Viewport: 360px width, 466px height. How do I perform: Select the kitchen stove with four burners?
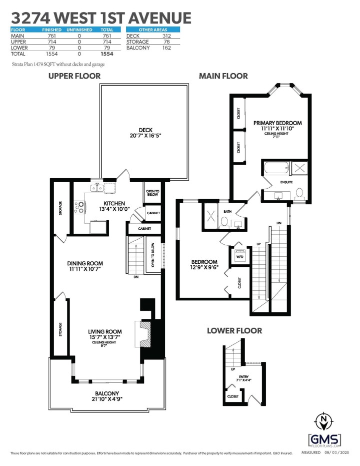(79, 207)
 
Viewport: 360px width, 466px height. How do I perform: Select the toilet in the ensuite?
(300, 194)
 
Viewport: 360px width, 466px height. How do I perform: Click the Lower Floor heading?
(234, 331)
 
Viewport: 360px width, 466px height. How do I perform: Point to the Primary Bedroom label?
(277, 123)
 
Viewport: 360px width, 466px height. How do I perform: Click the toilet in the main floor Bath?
(225, 221)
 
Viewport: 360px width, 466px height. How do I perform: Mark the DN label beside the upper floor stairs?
(135, 277)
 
